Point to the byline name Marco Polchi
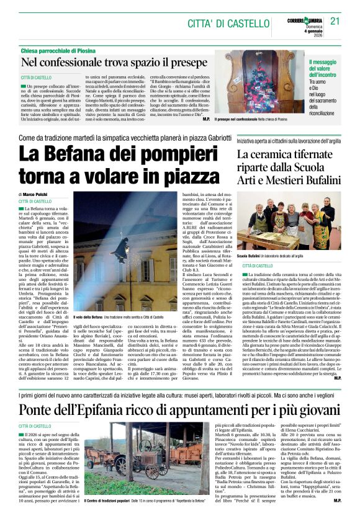(x=38, y=195)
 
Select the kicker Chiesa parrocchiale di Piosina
(x=63, y=50)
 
